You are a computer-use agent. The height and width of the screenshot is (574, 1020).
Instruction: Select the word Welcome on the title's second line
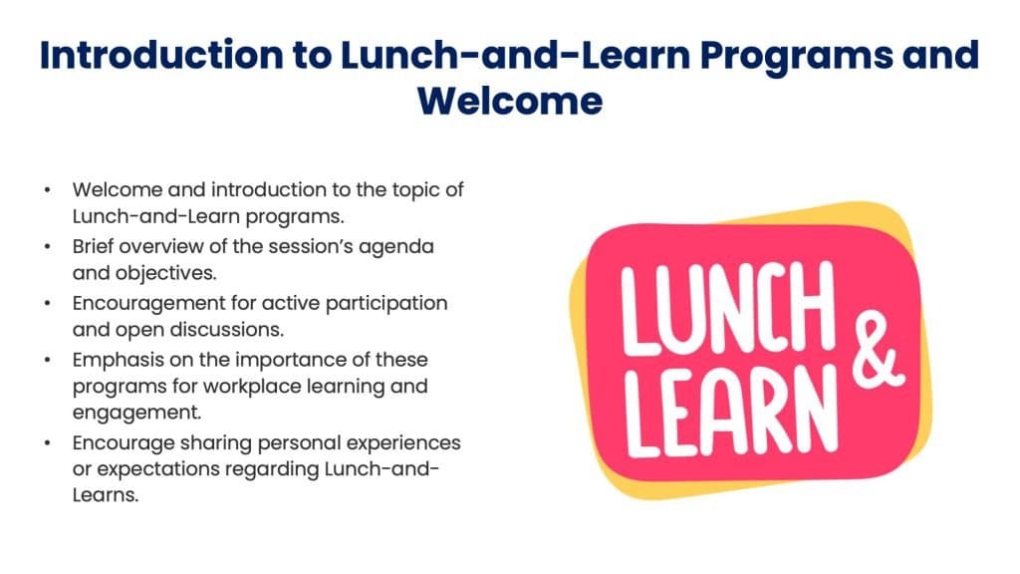tap(509, 100)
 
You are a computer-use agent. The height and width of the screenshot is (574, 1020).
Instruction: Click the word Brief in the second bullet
tap(96, 244)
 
